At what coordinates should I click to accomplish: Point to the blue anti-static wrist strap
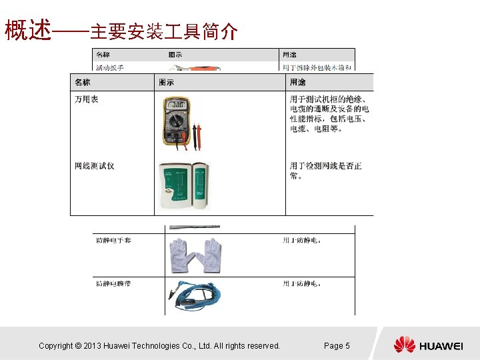click(x=195, y=295)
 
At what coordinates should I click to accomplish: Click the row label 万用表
click(x=87, y=99)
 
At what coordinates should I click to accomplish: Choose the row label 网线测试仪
click(x=94, y=165)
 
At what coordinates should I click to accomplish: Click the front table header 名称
click(x=83, y=83)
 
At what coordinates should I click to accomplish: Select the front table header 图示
click(x=167, y=83)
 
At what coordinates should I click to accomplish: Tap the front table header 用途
click(x=297, y=83)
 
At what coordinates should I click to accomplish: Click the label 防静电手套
click(x=113, y=240)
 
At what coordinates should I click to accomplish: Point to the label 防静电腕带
click(x=113, y=283)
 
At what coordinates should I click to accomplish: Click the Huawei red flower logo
click(x=404, y=345)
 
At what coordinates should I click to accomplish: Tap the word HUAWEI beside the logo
click(x=441, y=346)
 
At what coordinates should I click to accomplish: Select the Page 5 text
click(x=337, y=345)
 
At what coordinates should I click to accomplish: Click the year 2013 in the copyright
click(x=92, y=345)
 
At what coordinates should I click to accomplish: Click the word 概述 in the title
click(x=28, y=30)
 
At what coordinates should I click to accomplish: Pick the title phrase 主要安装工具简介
click(x=163, y=31)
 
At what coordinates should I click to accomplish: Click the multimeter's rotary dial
click(x=176, y=123)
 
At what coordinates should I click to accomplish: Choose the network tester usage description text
click(x=325, y=171)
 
